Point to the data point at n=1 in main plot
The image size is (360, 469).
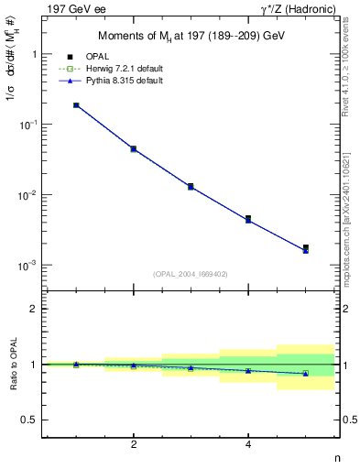click(76, 105)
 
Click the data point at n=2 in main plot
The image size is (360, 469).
click(134, 148)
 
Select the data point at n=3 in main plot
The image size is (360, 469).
click(191, 186)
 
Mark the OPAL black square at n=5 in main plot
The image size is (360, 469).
click(306, 247)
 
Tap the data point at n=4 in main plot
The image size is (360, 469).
click(248, 219)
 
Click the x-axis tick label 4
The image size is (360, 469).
click(248, 444)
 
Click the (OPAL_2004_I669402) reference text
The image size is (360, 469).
click(191, 273)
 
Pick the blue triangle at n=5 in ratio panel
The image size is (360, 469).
click(306, 374)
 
